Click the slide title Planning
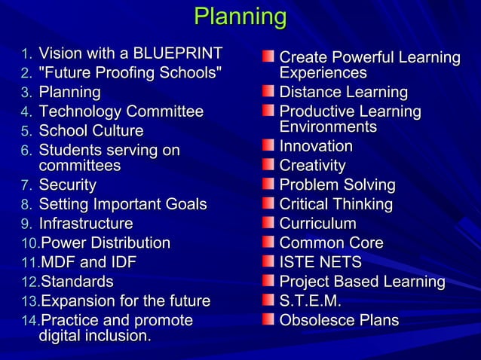tap(240, 17)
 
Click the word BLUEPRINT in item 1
tap(177, 53)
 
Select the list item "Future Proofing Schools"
tap(130, 73)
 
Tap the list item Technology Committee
tap(121, 111)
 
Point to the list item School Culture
tap(90, 131)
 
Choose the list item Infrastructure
tap(85, 224)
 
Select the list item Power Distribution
tap(105, 243)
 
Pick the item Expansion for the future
tap(125, 301)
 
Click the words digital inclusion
tap(94, 335)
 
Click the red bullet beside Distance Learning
tap(268, 92)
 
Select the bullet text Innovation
tap(316, 146)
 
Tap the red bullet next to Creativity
tap(268, 165)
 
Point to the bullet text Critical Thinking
tap(336, 204)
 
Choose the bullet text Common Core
tap(331, 243)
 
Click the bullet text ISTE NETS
tap(320, 262)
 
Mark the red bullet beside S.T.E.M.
tap(268, 301)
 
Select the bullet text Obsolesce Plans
tap(339, 320)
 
